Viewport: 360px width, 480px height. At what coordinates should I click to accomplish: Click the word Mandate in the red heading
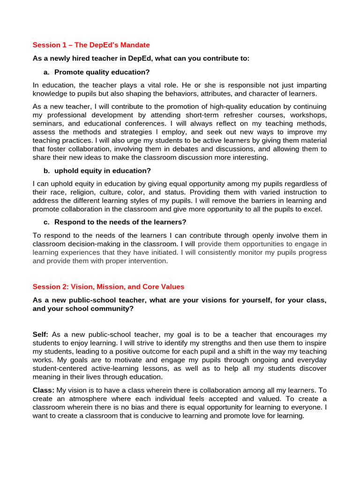(135, 45)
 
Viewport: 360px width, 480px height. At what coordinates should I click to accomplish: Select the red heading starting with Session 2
(108, 286)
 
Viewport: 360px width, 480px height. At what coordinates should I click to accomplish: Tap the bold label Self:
(41, 334)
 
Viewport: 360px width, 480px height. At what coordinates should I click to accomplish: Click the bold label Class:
(43, 390)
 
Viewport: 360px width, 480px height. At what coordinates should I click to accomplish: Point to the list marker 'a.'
(46, 72)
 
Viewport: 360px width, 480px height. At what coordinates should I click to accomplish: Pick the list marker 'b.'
(46, 171)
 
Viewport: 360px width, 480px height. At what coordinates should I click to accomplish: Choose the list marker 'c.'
(46, 222)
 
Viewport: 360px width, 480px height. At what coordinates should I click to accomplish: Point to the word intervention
(144, 261)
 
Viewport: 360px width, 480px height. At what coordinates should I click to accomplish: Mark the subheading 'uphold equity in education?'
(103, 171)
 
